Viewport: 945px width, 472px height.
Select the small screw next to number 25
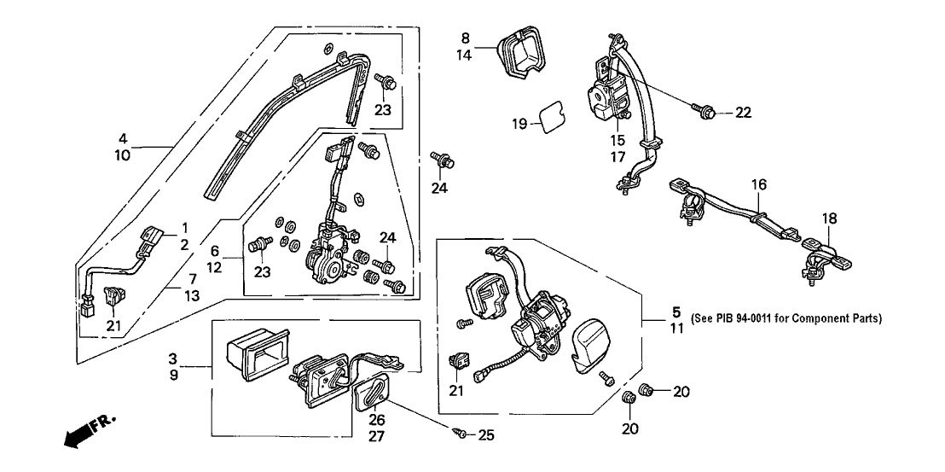(x=461, y=434)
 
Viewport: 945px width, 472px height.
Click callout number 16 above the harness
(x=759, y=184)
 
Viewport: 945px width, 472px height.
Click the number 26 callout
(x=376, y=419)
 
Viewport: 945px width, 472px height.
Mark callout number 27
(x=376, y=435)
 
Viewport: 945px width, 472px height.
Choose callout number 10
(x=123, y=155)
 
